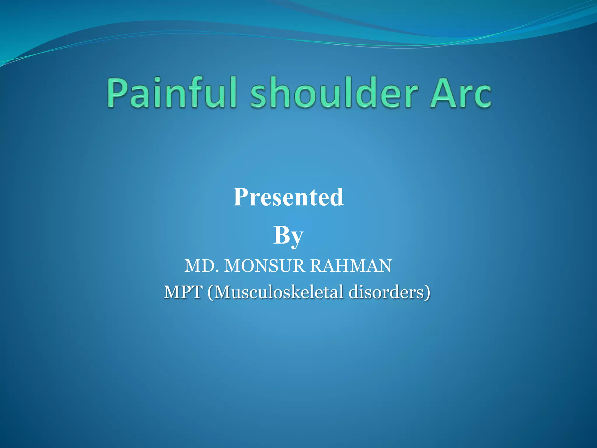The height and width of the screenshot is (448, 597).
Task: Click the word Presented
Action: point(288,197)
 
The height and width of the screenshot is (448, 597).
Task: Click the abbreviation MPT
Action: point(183,292)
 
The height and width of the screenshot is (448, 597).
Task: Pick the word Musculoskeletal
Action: point(278,292)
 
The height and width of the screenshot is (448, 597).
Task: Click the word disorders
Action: point(386,292)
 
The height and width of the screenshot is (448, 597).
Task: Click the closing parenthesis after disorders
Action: point(427,293)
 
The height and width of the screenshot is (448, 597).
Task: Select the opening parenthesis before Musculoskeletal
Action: point(210,293)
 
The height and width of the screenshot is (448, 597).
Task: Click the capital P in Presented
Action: point(240,197)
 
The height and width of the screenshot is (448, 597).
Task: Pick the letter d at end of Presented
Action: point(337,198)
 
